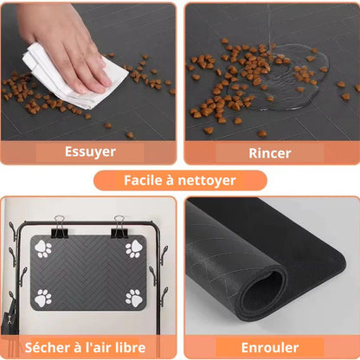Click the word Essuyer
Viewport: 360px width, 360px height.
tap(90, 151)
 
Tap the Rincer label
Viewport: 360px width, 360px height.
tap(269, 152)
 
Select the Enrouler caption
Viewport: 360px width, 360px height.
tap(269, 347)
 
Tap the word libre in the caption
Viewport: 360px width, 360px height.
tap(138, 348)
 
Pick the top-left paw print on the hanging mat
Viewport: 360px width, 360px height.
tap(43, 249)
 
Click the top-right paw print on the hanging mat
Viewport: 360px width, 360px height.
tap(134, 248)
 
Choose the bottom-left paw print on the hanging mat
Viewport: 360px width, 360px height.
tap(43, 299)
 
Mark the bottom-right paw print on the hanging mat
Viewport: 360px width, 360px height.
tap(134, 299)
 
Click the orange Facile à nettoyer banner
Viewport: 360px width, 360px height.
tap(180, 181)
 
